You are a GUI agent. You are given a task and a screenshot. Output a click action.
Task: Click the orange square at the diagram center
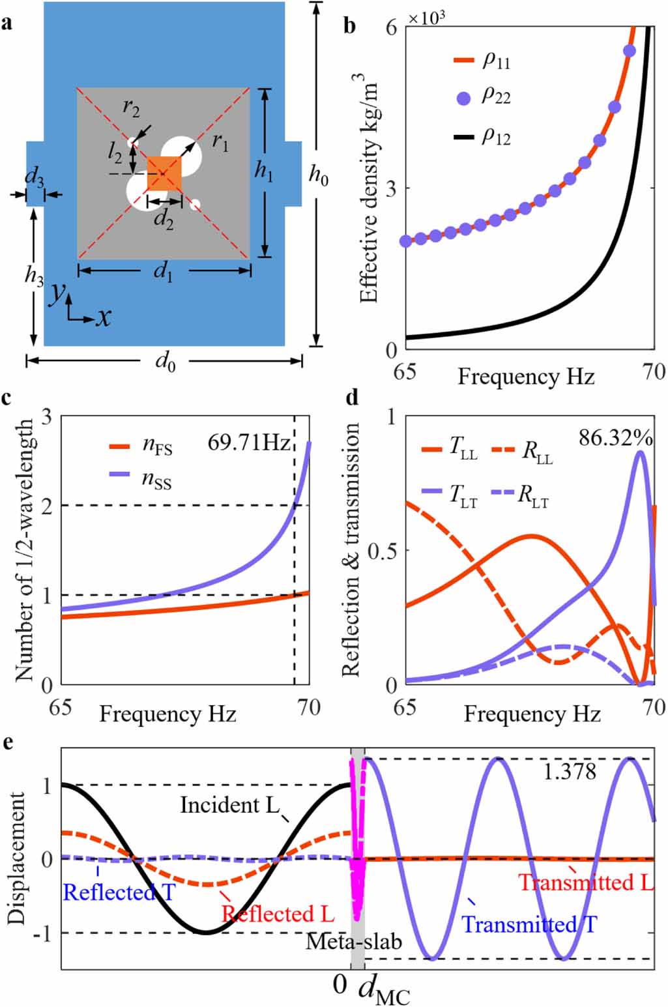click(164, 173)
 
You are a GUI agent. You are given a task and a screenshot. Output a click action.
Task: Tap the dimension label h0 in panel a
click(318, 175)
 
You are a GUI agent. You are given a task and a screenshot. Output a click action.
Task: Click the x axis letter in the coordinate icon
click(103, 317)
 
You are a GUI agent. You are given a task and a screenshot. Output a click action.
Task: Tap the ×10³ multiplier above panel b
click(426, 18)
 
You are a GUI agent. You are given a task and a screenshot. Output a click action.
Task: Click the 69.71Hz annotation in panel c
click(248, 443)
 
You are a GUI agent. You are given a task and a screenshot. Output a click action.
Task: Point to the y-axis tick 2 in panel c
click(46, 506)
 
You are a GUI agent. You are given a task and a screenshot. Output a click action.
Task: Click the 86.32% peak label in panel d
click(615, 439)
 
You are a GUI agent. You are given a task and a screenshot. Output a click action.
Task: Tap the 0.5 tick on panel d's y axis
click(381, 550)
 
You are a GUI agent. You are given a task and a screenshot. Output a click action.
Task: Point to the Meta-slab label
click(354, 941)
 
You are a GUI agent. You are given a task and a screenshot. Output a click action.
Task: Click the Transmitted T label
click(529, 924)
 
